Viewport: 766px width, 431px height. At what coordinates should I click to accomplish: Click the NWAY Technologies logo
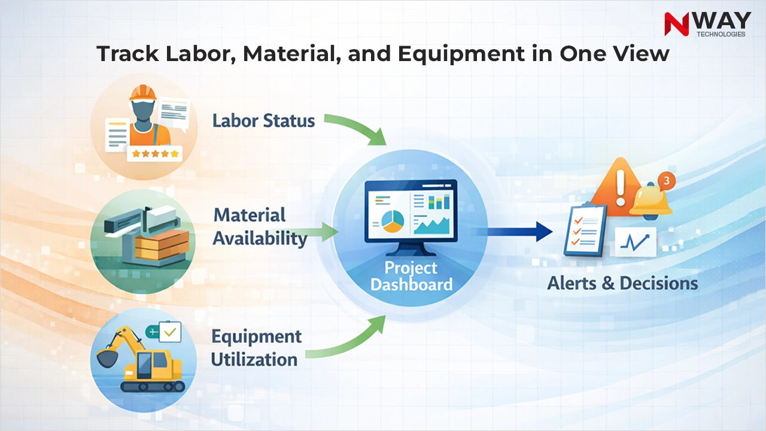(707, 24)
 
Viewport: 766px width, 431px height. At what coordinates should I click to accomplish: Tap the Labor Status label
(263, 120)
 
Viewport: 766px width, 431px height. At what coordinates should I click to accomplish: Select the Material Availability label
(260, 227)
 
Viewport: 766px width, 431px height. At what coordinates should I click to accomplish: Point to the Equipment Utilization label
(256, 347)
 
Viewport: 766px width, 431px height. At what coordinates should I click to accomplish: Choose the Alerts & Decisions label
(622, 283)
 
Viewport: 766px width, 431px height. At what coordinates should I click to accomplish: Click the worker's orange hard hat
(142, 92)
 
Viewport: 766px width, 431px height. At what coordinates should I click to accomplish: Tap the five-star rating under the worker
(155, 154)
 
